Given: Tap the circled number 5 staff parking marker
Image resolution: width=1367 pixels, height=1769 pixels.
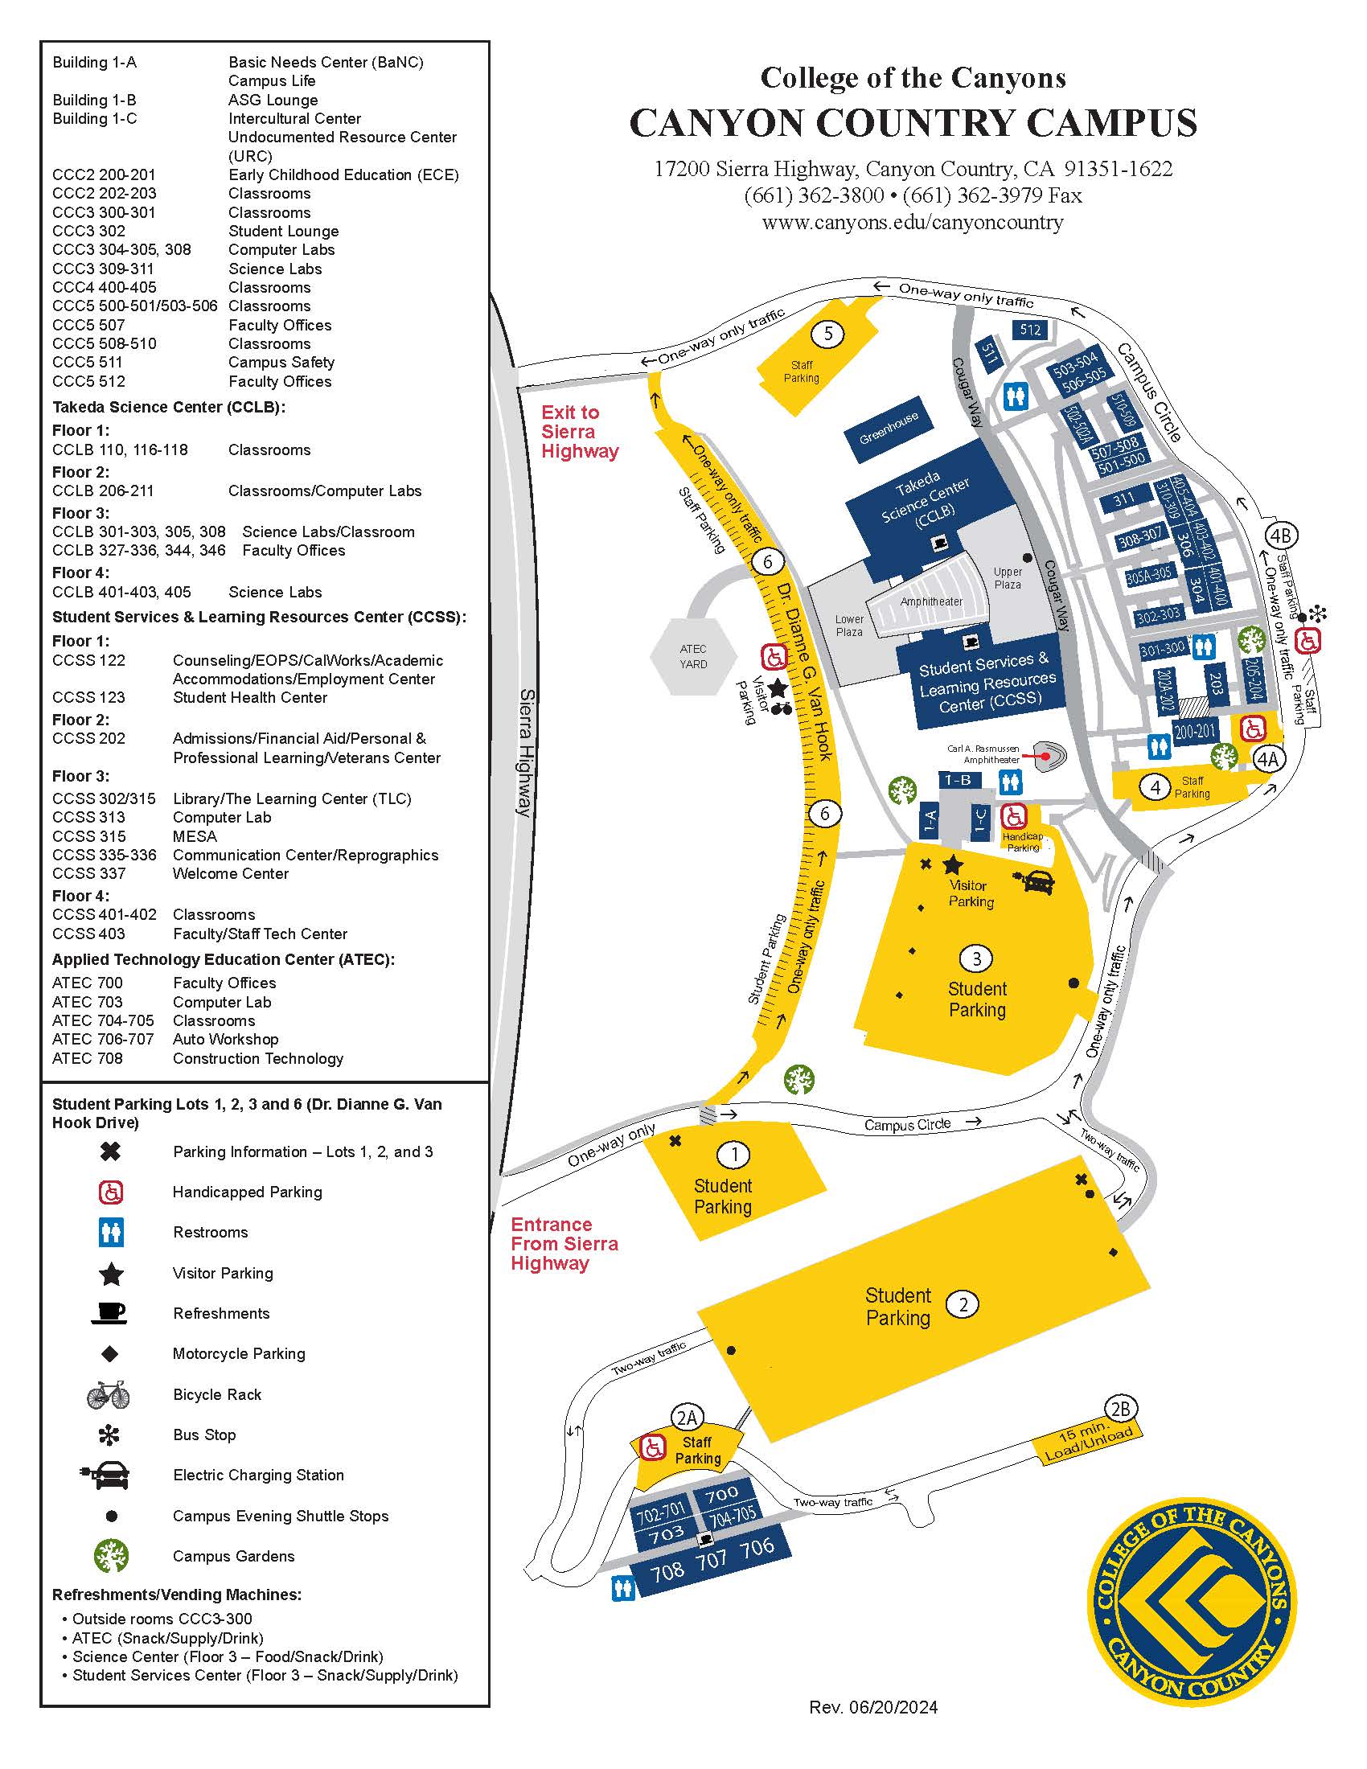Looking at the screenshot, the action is (827, 333).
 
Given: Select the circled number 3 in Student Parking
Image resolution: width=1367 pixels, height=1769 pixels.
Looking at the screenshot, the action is (976, 959).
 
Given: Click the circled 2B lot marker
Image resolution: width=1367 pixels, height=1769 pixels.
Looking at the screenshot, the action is (1120, 1410).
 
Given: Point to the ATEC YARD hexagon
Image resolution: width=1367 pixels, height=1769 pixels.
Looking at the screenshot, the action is (693, 657).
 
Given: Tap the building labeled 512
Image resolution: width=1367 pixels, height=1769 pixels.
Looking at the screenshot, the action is (1029, 330).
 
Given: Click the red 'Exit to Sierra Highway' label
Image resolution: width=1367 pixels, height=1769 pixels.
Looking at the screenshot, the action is (579, 432).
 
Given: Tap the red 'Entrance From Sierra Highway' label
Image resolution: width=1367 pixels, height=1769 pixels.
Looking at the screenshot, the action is (564, 1243).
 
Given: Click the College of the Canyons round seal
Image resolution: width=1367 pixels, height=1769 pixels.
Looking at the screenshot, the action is (1190, 1599).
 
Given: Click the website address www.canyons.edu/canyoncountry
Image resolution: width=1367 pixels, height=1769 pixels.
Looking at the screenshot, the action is (913, 222).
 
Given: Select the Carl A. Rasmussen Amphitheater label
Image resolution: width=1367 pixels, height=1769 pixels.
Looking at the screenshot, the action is (983, 754).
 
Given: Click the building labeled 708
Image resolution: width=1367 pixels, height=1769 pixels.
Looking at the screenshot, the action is (668, 1571).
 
